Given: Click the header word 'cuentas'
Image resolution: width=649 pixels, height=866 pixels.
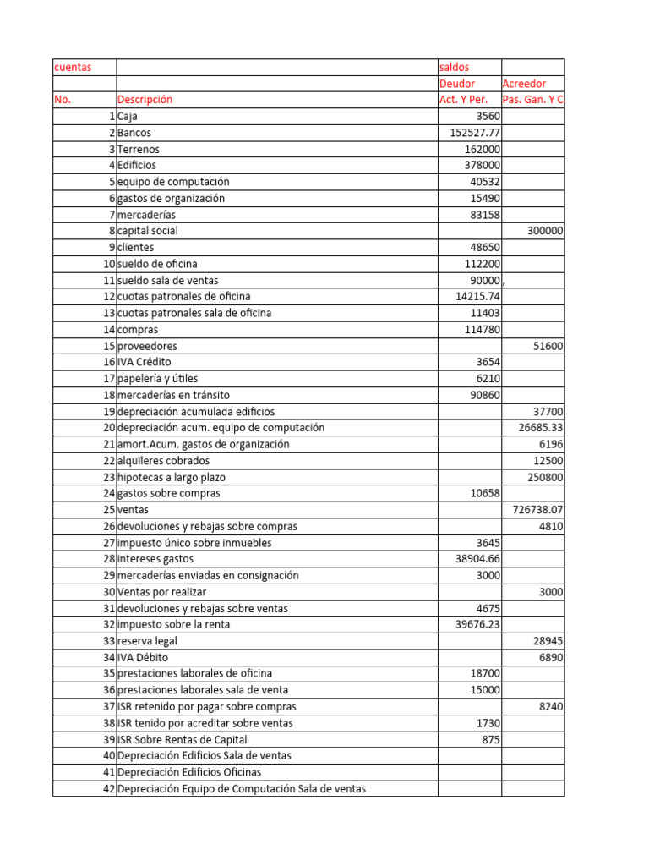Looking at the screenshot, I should coord(73,67).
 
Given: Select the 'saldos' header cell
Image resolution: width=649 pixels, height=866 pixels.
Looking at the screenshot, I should coord(455,67).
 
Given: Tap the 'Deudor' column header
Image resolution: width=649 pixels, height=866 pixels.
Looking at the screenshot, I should coord(457,84).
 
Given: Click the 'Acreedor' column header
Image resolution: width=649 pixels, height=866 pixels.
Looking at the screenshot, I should coord(524,84).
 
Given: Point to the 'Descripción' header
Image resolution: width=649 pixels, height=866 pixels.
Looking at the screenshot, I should coord(145,100).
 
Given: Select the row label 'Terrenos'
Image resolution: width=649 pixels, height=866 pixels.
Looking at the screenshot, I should coord(139,149).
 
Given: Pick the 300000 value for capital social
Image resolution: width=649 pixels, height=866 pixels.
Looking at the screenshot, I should coord(545,231).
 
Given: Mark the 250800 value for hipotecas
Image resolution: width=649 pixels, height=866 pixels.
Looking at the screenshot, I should coord(545,477).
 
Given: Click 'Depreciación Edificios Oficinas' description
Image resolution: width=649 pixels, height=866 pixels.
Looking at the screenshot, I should coord(189,772).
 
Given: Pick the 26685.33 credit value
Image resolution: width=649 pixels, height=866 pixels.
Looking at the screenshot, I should coord(541,428).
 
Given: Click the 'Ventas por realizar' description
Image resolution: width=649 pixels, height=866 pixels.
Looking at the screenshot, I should coord(161,592).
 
